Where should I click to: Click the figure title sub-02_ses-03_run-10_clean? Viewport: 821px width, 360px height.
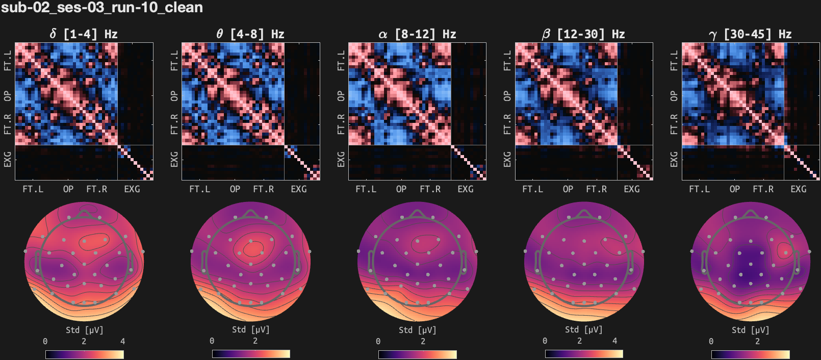(x=102, y=8)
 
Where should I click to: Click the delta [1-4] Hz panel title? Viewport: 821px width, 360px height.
(x=84, y=34)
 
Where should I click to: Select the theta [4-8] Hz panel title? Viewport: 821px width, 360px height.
(x=250, y=34)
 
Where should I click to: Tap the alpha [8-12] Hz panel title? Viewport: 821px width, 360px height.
(x=417, y=34)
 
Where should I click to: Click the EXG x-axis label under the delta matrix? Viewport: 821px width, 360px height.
(x=132, y=189)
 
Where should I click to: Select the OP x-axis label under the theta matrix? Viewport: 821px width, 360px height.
(x=235, y=189)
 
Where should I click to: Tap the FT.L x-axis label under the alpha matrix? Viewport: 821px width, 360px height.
(x=366, y=189)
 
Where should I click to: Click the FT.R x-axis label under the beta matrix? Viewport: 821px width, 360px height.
(x=597, y=189)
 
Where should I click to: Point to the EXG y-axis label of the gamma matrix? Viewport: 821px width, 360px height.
(x=674, y=159)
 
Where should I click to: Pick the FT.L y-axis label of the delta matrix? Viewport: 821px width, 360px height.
(x=8, y=60)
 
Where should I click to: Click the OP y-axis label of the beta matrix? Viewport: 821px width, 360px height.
(x=507, y=96)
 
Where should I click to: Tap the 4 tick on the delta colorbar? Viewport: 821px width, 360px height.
(x=122, y=341)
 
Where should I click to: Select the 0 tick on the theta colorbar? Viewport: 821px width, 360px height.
(x=212, y=341)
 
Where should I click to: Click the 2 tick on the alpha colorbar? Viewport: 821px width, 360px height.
(x=423, y=341)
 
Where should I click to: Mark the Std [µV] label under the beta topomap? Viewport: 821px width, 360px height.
(x=583, y=330)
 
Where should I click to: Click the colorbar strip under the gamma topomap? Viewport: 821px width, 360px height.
(x=750, y=354)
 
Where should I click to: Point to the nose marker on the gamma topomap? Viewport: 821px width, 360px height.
(x=750, y=213)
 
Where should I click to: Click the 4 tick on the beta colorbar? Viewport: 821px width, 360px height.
(x=614, y=341)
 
